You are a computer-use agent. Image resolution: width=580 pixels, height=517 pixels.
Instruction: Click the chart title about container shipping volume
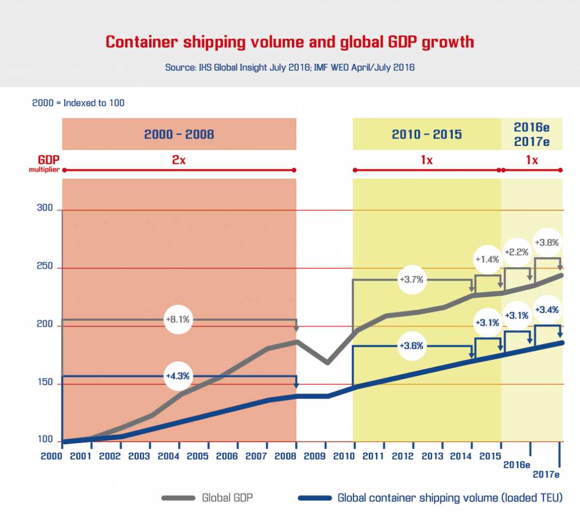[290, 42]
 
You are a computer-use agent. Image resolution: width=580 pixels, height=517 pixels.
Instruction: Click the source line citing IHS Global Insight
[290, 67]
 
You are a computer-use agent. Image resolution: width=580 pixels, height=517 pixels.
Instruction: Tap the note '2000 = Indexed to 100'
[78, 103]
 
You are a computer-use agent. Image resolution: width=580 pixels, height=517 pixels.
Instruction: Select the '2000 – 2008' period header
[179, 134]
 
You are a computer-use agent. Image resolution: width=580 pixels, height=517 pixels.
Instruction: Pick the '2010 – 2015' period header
[426, 134]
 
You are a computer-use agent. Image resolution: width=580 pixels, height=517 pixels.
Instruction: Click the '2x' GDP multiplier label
[179, 160]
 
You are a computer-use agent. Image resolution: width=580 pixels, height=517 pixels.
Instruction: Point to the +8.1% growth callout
[177, 319]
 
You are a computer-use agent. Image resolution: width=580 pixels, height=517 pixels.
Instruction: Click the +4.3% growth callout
[177, 376]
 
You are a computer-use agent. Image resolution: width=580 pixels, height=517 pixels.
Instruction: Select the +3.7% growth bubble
[411, 279]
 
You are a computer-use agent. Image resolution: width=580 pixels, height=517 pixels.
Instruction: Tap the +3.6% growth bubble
[411, 346]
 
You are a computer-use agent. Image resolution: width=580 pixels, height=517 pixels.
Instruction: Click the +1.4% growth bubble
[487, 259]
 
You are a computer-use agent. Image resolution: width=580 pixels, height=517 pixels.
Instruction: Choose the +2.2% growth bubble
[516, 252]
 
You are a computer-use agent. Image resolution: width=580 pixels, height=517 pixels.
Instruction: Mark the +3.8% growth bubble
[547, 243]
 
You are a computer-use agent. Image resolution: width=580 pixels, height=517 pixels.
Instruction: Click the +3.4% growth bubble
[547, 310]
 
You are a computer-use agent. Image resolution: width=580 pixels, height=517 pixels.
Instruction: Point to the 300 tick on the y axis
[45, 208]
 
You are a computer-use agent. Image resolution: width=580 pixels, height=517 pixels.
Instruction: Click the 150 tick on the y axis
[45, 382]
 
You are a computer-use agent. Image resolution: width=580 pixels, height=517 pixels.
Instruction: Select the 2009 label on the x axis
[315, 456]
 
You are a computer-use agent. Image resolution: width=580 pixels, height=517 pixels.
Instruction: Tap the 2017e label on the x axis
[546, 474]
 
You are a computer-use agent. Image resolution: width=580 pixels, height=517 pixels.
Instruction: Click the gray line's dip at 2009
[327, 362]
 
